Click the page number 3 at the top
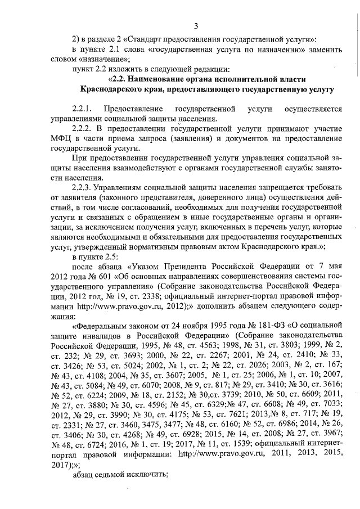(x=196, y=26)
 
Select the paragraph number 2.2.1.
(x=84, y=108)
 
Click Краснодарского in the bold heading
(x=111, y=89)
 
